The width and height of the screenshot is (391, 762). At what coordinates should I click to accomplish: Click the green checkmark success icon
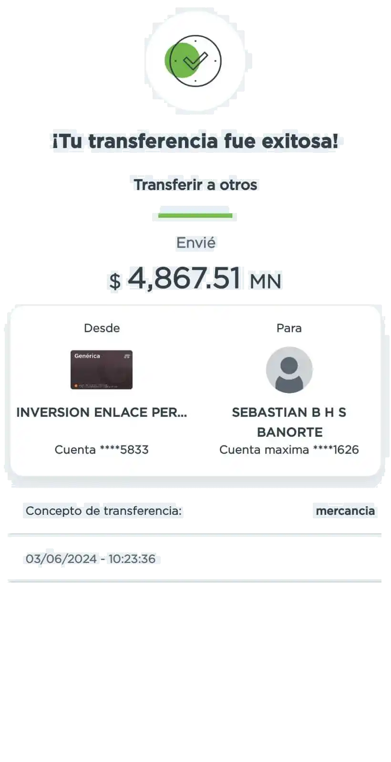[193, 61]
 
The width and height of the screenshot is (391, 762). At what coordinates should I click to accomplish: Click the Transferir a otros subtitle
[195, 185]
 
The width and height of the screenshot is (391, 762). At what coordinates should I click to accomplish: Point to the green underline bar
[195, 216]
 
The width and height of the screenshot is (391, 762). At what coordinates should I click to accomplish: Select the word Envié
[196, 243]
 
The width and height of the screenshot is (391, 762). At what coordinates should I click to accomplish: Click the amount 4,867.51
[184, 278]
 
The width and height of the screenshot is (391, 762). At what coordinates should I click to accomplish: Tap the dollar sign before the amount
[115, 281]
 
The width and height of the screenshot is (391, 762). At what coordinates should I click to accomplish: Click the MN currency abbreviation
[266, 281]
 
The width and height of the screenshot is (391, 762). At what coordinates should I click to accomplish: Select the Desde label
[102, 328]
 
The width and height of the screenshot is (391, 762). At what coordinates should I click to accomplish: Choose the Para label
[289, 328]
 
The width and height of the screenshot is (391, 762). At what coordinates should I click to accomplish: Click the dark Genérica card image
[102, 370]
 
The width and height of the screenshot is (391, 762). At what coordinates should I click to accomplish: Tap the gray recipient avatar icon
[289, 370]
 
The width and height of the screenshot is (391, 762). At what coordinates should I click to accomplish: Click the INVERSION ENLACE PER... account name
[102, 412]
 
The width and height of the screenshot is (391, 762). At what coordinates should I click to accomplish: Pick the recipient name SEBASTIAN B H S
[289, 412]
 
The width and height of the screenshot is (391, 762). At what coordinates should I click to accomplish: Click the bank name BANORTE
[290, 432]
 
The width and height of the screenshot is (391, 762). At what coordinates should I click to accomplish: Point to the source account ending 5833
[102, 450]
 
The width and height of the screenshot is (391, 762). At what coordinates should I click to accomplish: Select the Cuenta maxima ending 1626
[289, 450]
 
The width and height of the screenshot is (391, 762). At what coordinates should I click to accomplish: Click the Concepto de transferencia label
[103, 511]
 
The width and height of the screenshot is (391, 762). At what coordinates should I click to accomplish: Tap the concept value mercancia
[345, 511]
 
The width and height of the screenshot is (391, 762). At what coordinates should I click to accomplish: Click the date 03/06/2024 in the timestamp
[61, 559]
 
